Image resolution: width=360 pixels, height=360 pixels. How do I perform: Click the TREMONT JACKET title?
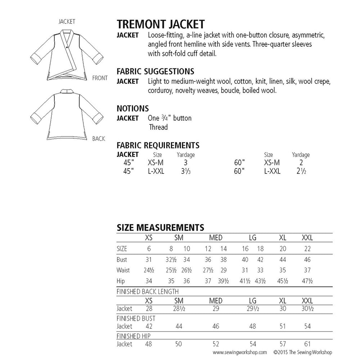point(161,24)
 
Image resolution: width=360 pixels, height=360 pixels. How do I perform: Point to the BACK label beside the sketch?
point(99,139)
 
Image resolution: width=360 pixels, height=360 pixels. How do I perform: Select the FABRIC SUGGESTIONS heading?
point(156,71)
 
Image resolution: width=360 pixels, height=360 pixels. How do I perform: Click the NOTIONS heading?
point(133,108)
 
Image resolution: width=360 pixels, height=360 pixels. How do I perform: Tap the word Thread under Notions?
point(158,127)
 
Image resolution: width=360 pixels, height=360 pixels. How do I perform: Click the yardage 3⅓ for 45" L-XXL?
point(185,172)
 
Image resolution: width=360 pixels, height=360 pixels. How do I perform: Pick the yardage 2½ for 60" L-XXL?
point(301,172)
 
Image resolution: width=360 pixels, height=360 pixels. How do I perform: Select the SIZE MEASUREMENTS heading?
point(161,228)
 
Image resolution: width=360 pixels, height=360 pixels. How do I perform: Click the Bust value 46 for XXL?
point(307,260)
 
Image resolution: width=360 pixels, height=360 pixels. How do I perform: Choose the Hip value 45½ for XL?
point(283,281)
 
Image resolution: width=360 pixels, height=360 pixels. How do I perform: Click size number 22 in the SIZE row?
point(307,249)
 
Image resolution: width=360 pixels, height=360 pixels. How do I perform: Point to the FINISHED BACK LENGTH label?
point(148,292)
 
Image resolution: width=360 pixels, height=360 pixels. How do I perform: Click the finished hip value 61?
point(307,344)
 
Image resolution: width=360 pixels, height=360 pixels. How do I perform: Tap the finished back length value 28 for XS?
point(148,309)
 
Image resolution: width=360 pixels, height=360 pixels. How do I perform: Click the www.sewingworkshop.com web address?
point(239,352)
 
